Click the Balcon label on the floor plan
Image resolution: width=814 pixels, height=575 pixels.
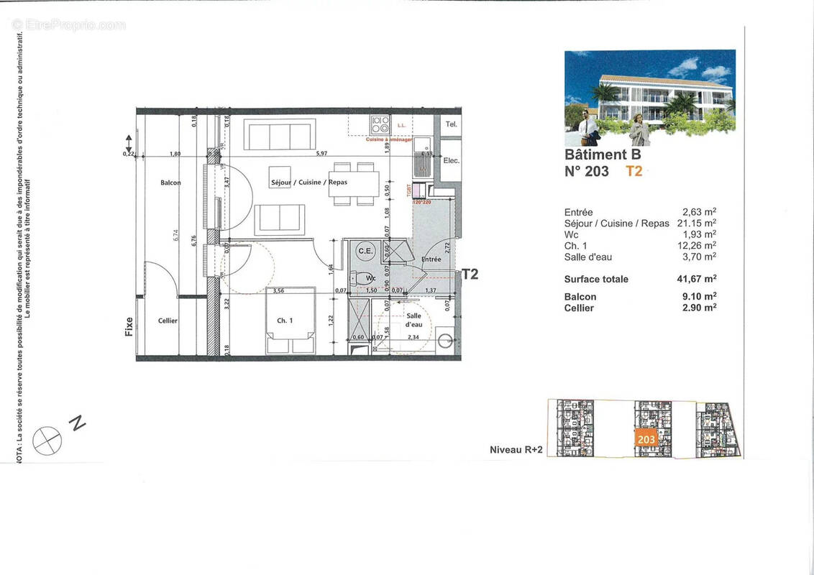pos(170,183)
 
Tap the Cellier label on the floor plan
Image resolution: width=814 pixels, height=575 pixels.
pos(168,321)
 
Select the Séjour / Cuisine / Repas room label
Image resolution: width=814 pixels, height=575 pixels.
pos(308,182)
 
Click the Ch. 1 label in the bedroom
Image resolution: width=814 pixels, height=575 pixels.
pos(285,321)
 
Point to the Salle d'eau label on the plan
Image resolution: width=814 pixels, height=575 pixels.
pos(413,320)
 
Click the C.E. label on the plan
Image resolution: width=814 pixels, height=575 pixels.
pos(365,250)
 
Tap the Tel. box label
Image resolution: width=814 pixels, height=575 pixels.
pos(451,124)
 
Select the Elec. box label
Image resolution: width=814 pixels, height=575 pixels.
pos(451,160)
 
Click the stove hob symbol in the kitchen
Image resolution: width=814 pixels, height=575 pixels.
pos(380,124)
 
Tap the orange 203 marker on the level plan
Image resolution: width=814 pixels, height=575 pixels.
pos(646,438)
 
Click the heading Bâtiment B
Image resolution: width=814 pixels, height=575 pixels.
pos(602,154)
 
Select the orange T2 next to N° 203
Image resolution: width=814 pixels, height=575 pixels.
pos(634,171)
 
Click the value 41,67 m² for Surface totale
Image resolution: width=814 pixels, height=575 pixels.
pos(698,279)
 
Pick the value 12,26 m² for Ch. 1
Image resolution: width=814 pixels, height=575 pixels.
pos(698,245)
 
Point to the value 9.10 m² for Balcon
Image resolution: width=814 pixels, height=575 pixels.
pos(700,296)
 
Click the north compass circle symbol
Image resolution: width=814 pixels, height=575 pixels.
pos(47,440)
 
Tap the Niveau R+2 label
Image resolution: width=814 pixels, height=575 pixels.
pos(515,450)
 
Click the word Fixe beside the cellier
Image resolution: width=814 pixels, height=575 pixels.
pos(129,328)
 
